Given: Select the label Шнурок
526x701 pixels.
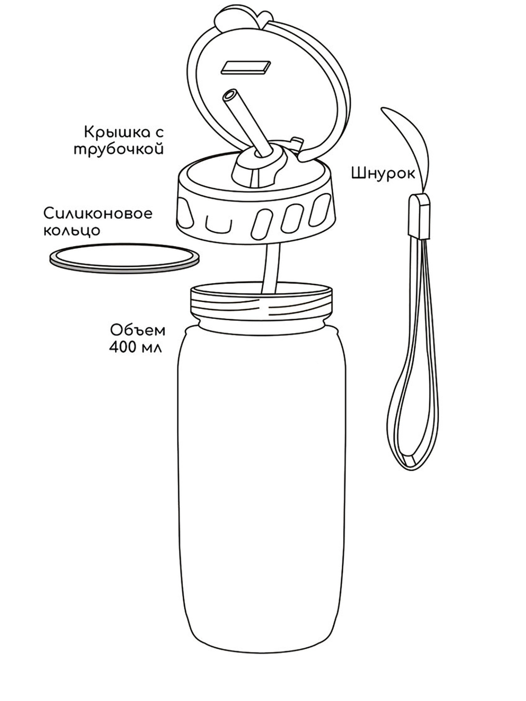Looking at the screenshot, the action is click(x=383, y=174).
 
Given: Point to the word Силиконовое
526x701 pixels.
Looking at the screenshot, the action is click(x=98, y=214).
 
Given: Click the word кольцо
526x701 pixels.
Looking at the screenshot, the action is click(x=72, y=231).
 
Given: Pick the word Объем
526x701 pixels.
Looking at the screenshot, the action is click(x=138, y=330).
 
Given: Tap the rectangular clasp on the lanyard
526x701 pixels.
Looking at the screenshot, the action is click(x=420, y=217).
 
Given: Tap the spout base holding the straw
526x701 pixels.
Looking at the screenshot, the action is click(x=258, y=169).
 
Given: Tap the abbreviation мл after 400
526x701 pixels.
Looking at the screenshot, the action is click(x=153, y=348).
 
